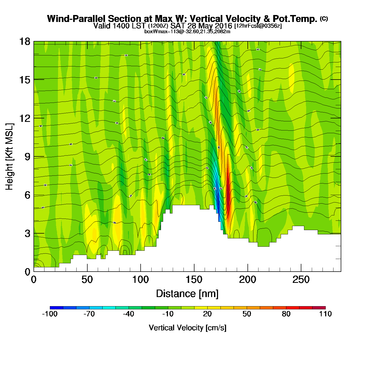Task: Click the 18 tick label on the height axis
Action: pyautogui.click(x=24, y=42)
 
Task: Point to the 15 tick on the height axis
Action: pyautogui.click(x=24, y=80)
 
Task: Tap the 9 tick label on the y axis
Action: pyautogui.click(x=27, y=157)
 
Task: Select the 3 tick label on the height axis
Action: pyautogui.click(x=27, y=234)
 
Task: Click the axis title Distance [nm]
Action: pyautogui.click(x=187, y=294)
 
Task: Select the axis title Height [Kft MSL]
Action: pyautogui.click(x=9, y=157)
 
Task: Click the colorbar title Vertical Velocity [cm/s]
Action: pyautogui.click(x=187, y=328)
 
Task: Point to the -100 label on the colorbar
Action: pyautogui.click(x=50, y=314)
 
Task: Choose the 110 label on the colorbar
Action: pyautogui.click(x=325, y=314)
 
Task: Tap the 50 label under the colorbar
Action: pyautogui.click(x=247, y=314)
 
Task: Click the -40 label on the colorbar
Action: pyautogui.click(x=129, y=314)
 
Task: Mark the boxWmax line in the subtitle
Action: pyautogui.click(x=187, y=32)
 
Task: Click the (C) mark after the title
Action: pyautogui.click(x=324, y=18)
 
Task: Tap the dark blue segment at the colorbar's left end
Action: pyautogui.click(x=56, y=308)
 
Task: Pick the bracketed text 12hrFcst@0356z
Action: pyautogui.click(x=258, y=26)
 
